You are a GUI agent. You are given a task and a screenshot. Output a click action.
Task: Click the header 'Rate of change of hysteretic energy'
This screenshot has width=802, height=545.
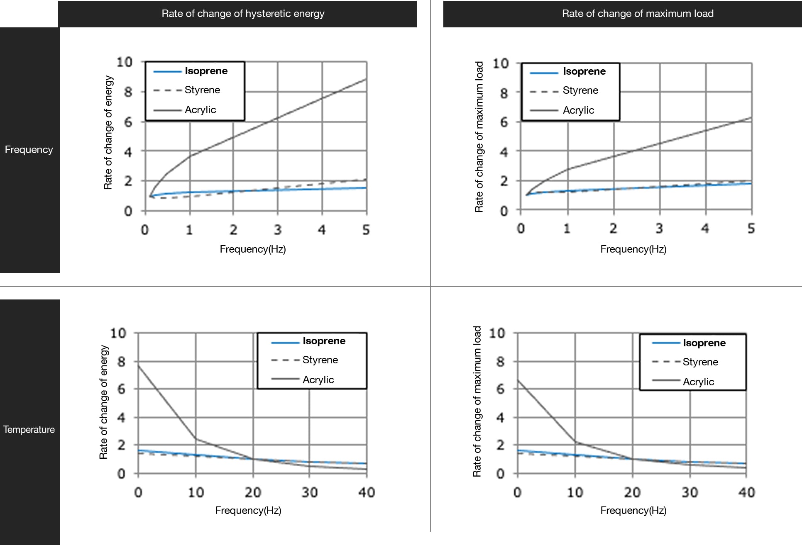(243, 14)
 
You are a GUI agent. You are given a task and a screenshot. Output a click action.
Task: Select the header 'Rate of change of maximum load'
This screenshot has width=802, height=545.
(638, 14)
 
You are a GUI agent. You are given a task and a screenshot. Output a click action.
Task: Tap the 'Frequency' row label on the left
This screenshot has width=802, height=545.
(29, 149)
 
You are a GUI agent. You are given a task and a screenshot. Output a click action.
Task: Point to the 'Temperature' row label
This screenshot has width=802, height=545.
(29, 429)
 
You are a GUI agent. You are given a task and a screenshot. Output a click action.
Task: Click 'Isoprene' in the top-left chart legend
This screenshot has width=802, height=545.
(206, 71)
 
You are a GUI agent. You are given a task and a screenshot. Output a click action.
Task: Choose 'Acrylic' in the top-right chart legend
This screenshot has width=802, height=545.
(578, 110)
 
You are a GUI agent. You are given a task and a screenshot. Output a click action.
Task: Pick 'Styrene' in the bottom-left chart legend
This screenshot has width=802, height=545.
(320, 360)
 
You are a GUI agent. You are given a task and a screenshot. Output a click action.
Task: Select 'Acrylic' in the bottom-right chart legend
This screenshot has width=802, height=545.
(698, 382)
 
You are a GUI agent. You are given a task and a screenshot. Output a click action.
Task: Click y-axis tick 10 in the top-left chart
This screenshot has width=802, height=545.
(124, 62)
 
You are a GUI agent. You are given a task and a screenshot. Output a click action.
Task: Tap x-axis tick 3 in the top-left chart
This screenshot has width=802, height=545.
(278, 229)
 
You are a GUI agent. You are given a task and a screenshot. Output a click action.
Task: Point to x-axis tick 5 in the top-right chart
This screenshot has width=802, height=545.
(751, 228)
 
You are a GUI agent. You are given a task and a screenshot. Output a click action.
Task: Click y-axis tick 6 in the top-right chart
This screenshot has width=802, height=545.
(504, 122)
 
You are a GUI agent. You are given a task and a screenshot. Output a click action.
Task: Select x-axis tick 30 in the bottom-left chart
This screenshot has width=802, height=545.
(309, 492)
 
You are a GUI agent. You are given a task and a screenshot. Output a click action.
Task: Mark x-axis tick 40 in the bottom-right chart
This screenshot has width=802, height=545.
(746, 492)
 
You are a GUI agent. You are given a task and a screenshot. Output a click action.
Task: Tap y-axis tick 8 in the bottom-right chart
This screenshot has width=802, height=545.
(501, 362)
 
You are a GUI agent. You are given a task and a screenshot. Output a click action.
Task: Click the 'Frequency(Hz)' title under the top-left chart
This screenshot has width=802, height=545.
(252, 249)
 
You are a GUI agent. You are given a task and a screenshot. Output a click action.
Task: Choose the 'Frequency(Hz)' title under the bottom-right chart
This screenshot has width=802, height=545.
(633, 510)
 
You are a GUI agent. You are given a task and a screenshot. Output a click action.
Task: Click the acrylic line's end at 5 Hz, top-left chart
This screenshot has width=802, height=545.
(366, 79)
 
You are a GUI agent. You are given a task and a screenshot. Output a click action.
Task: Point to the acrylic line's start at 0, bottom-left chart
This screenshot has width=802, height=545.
(139, 365)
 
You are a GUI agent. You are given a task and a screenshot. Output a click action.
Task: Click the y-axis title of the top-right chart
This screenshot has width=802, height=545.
(479, 137)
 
